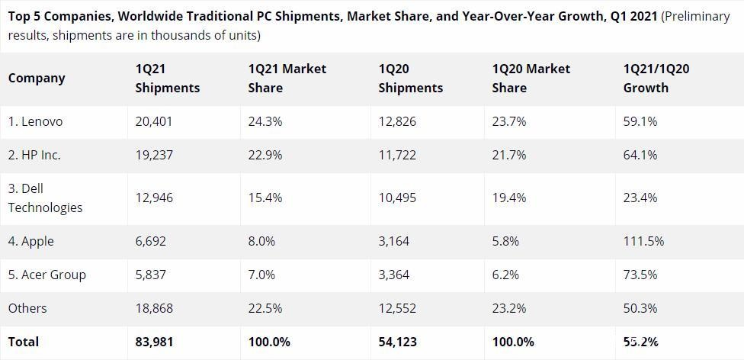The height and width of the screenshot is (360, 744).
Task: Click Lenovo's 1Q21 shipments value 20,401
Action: click(x=154, y=121)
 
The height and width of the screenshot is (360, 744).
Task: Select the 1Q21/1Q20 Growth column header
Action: click(x=656, y=79)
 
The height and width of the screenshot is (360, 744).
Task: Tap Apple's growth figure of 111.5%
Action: click(x=643, y=241)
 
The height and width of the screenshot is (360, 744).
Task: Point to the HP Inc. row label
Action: click(x=34, y=155)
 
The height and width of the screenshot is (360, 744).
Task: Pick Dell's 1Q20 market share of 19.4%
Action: click(x=509, y=198)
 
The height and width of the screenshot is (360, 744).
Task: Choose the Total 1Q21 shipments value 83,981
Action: click(x=154, y=342)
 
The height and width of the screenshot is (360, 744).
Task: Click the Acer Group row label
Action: click(x=46, y=275)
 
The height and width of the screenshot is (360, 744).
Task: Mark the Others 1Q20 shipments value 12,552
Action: click(x=397, y=308)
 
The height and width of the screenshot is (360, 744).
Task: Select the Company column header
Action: click(x=37, y=78)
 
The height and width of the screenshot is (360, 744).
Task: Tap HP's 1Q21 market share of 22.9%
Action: click(x=265, y=155)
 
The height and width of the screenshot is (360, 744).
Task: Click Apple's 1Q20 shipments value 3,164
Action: click(x=394, y=241)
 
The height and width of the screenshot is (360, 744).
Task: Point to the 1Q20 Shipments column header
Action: click(x=410, y=79)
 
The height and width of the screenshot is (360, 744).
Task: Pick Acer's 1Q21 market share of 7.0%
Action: click(x=261, y=275)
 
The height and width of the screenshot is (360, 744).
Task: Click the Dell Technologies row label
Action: click(x=45, y=198)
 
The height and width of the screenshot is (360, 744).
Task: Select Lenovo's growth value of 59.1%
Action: click(x=640, y=121)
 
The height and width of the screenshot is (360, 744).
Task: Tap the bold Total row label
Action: click(x=24, y=342)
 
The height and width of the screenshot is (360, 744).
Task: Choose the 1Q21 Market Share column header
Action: click(x=287, y=79)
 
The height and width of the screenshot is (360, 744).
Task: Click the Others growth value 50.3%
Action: click(x=640, y=308)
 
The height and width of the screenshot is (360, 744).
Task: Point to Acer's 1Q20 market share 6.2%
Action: click(x=505, y=275)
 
